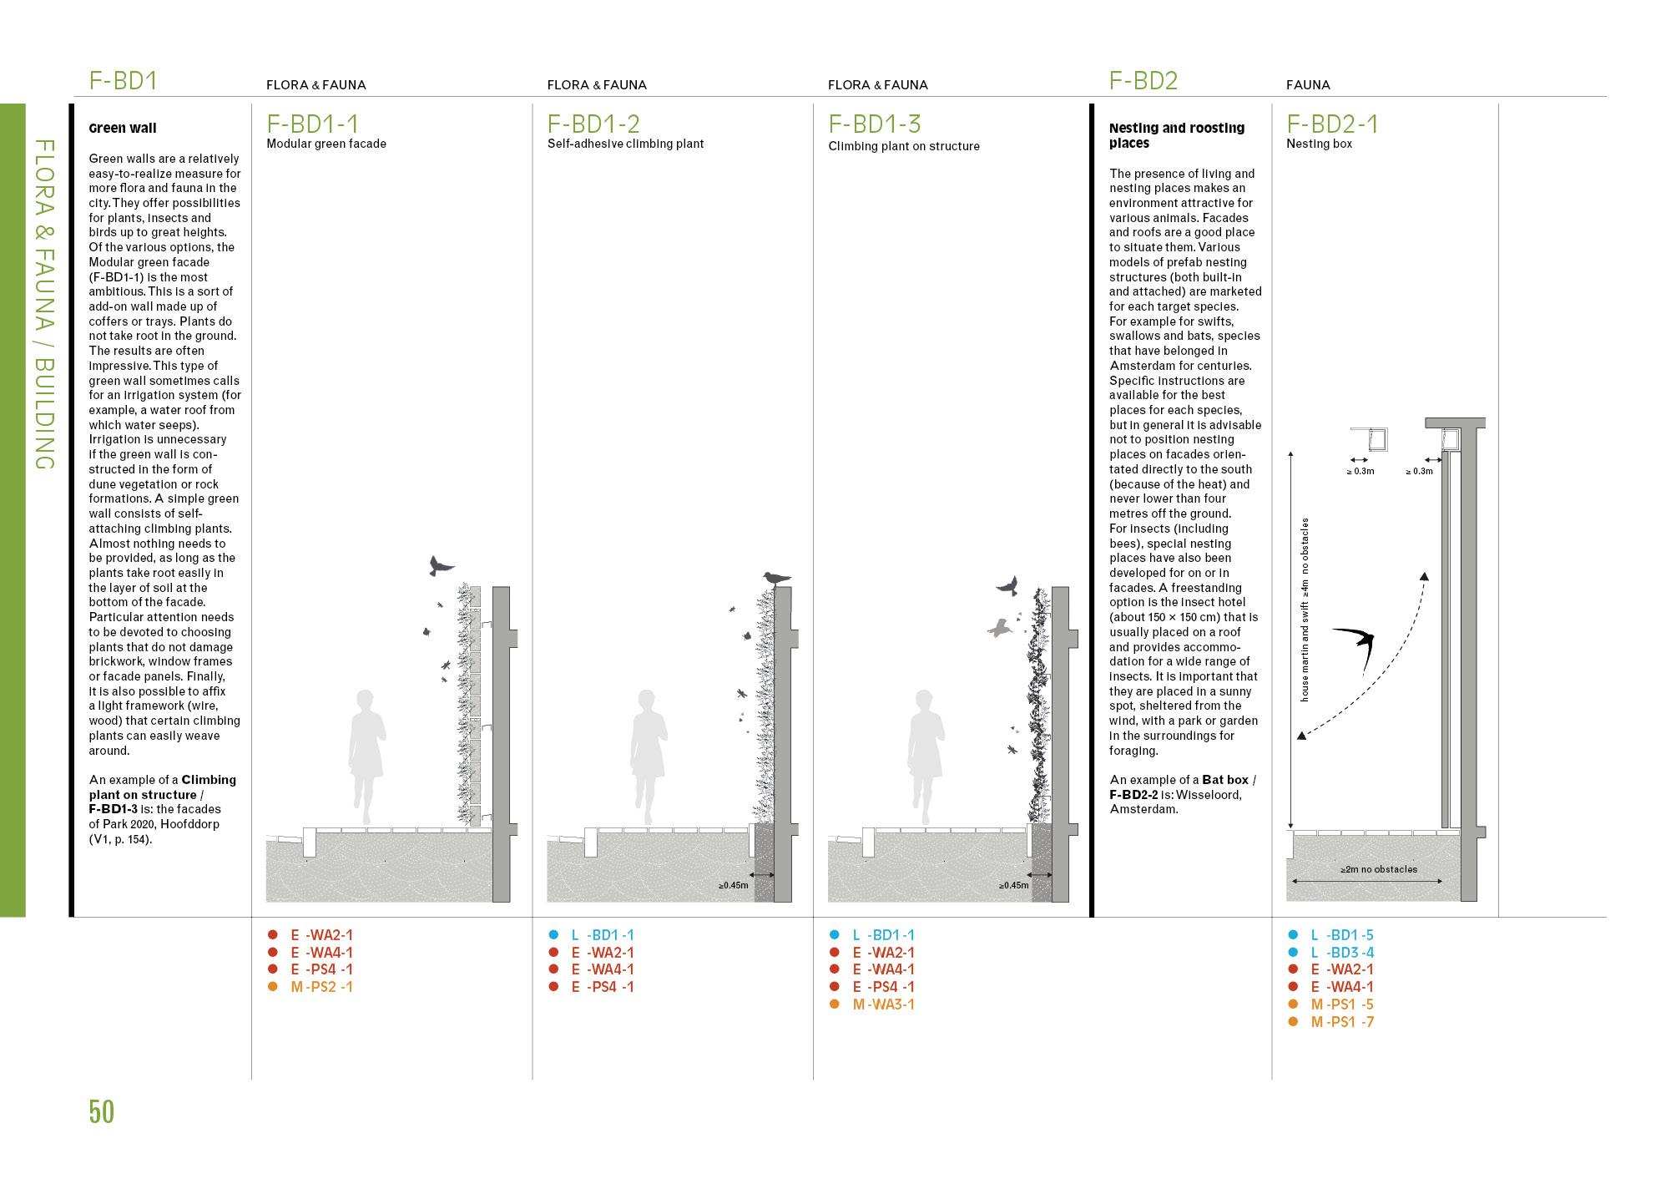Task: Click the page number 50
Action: pyautogui.click(x=101, y=1112)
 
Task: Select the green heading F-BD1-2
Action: pyautogui.click(x=593, y=124)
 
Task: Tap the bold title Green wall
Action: pyautogui.click(x=123, y=129)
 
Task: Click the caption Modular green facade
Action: pyautogui.click(x=326, y=144)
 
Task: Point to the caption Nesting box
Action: pyautogui.click(x=1319, y=144)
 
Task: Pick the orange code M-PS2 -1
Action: pyautogui.click(x=321, y=987)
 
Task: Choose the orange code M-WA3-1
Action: pyautogui.click(x=883, y=1004)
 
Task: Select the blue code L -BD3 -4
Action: pyautogui.click(x=1341, y=953)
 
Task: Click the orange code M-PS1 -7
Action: pyautogui.click(x=1341, y=1022)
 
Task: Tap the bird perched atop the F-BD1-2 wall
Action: pyautogui.click(x=776, y=578)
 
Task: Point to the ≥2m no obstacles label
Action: pyautogui.click(x=1378, y=869)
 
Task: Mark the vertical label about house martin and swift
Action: pyautogui.click(x=1305, y=610)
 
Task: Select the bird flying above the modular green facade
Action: pyautogui.click(x=440, y=565)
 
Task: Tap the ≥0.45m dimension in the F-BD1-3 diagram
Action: pyautogui.click(x=1014, y=885)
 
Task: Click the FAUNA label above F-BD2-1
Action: pyautogui.click(x=1308, y=85)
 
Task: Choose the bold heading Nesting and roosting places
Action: pyautogui.click(x=1176, y=135)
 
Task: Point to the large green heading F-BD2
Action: pyautogui.click(x=1143, y=81)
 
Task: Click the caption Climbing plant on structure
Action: pyautogui.click(x=903, y=146)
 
